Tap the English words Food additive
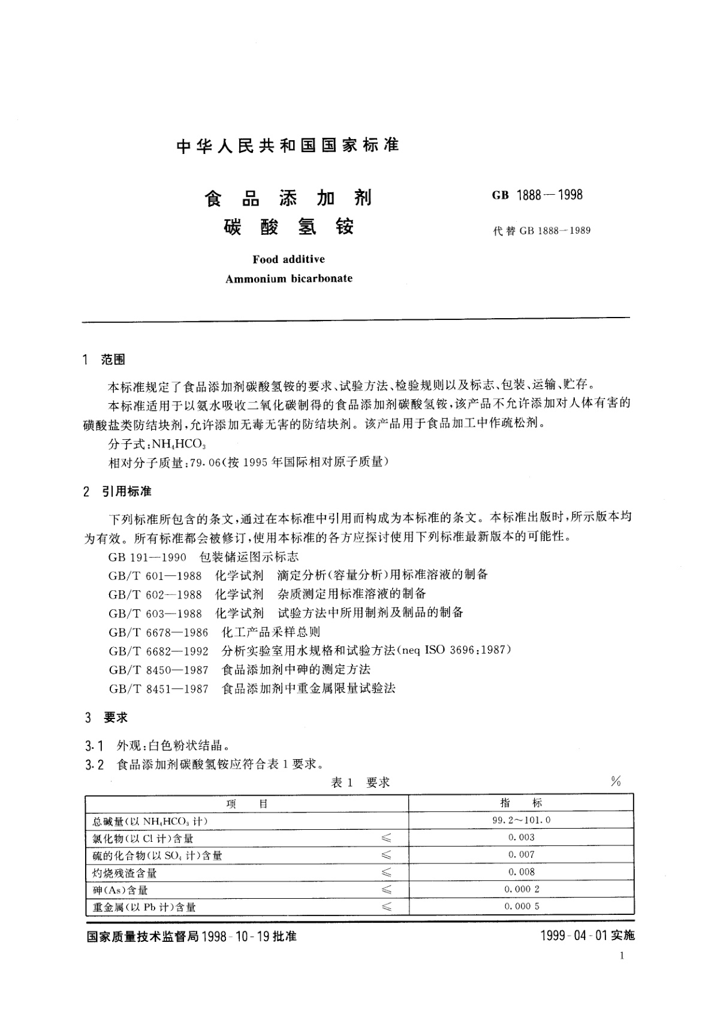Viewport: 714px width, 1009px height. tap(288, 259)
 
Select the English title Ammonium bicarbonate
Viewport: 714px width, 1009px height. tap(288, 278)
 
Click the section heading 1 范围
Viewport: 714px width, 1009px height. tap(105, 360)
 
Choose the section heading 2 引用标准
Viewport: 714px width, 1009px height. tap(118, 491)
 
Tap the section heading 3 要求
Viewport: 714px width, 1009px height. tap(107, 717)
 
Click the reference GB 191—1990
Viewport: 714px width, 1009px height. tap(147, 557)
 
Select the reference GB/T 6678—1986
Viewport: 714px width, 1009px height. tap(158, 632)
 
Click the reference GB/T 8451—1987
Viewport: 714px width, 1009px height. tap(158, 688)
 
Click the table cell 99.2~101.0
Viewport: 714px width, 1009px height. tap(521, 820)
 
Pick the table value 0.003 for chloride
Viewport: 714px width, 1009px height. tap(521, 837)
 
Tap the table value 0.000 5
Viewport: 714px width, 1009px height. tap(521, 906)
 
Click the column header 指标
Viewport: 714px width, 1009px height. tap(521, 803)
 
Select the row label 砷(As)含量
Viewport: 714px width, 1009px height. tap(120, 890)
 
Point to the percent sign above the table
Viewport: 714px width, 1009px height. tap(616, 781)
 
